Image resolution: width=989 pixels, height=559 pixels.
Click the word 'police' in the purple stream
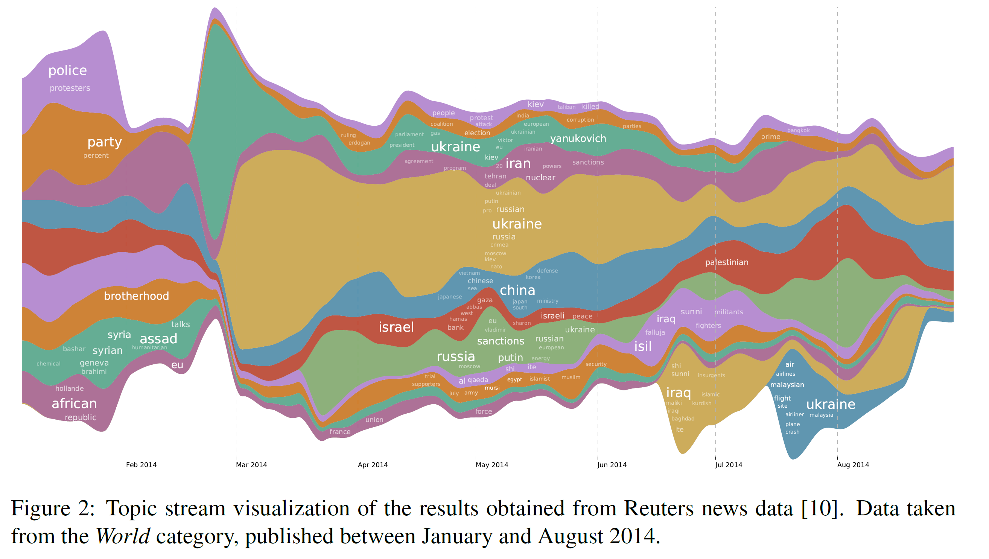pos(68,71)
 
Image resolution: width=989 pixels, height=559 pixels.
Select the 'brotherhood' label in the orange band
pos(136,296)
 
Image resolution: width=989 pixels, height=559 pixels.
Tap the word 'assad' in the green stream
pos(158,339)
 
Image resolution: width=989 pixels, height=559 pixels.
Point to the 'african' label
pos(74,404)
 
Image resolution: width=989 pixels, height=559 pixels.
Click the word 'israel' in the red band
pos(396,327)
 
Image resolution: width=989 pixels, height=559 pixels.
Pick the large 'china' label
pos(517,290)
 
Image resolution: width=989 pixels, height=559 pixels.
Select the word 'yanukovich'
pos(578,139)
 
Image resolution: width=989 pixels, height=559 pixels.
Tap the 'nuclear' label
pos(540,178)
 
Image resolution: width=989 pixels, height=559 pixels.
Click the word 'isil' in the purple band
pos(643,346)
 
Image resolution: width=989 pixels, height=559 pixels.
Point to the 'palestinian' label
pos(726,262)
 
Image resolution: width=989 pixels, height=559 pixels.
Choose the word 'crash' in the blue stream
pos(792,432)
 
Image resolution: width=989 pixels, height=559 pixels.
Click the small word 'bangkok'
pos(798,131)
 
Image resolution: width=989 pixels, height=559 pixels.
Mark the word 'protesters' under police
pos(70,88)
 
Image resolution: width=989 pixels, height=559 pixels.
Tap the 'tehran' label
pos(495,176)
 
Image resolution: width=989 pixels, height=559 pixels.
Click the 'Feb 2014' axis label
pos(141,465)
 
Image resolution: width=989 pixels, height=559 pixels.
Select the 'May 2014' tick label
pos(491,465)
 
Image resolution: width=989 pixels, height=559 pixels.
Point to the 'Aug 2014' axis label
pos(853,465)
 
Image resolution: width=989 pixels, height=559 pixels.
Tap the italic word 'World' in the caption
pos(122,536)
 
